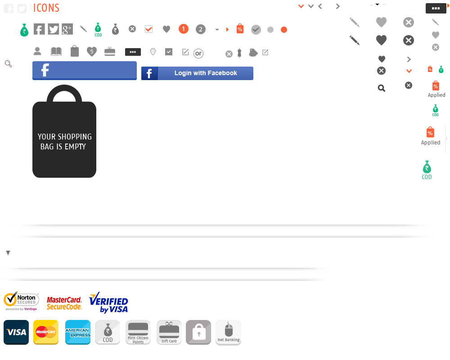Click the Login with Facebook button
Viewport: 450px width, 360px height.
(197, 73)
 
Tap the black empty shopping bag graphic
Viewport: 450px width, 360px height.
(64, 135)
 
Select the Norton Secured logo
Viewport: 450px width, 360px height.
(21, 301)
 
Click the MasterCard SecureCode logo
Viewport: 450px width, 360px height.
(64, 303)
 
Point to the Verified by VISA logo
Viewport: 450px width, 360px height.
(108, 303)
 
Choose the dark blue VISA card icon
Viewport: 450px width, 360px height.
(16, 333)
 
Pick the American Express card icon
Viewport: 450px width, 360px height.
(78, 333)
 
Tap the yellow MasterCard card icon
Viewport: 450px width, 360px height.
(46, 333)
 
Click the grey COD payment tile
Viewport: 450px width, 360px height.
(108, 333)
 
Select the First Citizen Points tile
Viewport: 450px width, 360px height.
(138, 333)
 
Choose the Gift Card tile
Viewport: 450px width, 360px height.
(169, 333)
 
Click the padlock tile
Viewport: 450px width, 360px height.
(198, 333)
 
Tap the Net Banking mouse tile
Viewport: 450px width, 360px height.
(229, 333)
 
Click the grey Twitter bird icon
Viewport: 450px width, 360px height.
(54, 29)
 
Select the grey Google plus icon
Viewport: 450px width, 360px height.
(67, 29)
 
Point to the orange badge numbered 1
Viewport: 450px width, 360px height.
(183, 29)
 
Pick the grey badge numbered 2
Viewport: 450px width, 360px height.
(200, 30)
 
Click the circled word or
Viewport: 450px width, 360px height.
(198, 54)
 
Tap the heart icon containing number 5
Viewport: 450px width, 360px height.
(92, 52)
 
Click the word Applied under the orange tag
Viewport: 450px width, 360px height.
(431, 143)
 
